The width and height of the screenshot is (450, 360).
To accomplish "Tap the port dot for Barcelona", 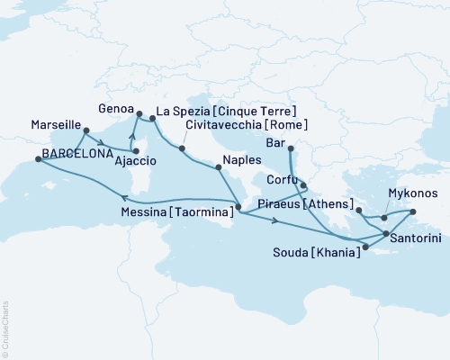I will (x=38, y=159).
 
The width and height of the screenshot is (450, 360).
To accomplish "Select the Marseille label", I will (x=56, y=124).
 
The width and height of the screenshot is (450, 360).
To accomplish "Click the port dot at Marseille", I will (x=85, y=136).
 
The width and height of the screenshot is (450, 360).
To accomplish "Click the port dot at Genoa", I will (x=138, y=113).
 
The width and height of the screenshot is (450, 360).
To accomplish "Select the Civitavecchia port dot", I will (x=183, y=148).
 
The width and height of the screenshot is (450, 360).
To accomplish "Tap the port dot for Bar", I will (x=290, y=149).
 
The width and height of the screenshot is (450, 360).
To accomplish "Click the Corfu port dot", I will (x=304, y=186).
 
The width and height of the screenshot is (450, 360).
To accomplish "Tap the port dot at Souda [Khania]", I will (x=364, y=245).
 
